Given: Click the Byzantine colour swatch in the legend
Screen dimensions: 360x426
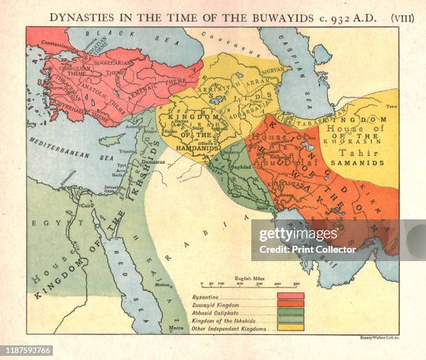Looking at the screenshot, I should tap(290, 296).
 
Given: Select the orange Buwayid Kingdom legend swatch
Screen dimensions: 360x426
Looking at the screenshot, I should tap(290, 304).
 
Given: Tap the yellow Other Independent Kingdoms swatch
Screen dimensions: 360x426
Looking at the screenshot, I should tap(290, 327).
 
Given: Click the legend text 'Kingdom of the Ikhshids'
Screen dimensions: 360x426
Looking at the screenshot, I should tap(217, 320).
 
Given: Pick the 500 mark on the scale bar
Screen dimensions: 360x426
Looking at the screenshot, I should tap(296, 283).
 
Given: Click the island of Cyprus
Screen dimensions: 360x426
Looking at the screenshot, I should tap(111, 139).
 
